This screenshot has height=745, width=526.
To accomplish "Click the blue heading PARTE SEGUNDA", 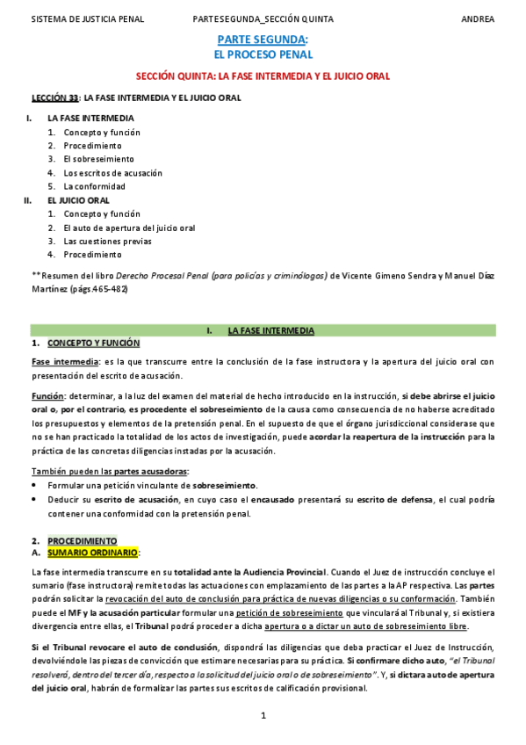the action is (x=262, y=40).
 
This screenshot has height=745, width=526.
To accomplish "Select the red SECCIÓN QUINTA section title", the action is (x=263, y=76).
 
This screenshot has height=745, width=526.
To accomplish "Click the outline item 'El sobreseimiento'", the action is (x=98, y=159).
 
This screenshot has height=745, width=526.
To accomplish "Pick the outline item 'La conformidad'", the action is (x=94, y=186).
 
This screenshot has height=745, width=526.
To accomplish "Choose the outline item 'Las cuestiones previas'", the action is (x=107, y=241).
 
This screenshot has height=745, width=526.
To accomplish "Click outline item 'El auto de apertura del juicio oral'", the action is (x=129, y=228).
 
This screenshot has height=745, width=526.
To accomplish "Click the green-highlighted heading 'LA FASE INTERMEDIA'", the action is (x=270, y=331).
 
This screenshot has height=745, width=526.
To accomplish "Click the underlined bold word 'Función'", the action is (x=47, y=396).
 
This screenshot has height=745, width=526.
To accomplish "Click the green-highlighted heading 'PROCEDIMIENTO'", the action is (x=82, y=540).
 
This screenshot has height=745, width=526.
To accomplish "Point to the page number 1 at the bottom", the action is (x=263, y=716).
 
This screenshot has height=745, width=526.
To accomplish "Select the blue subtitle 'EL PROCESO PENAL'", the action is (x=263, y=54).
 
